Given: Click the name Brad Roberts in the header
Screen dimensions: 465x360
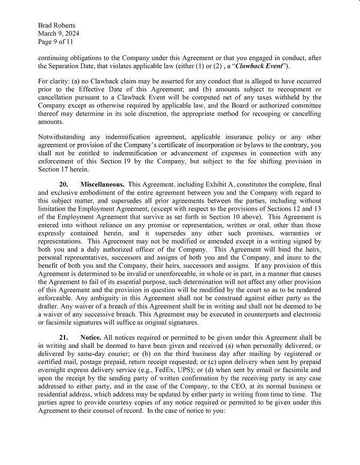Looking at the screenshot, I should pos(56,25).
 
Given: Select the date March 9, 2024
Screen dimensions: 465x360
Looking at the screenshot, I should pos(59,33).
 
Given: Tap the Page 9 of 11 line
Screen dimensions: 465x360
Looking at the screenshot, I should pos(55,41).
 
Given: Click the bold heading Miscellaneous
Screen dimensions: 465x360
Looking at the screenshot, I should pos(103,184).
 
